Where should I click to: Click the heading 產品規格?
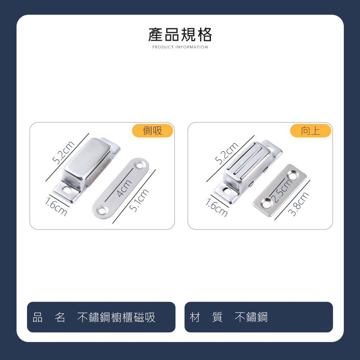(x=180, y=35)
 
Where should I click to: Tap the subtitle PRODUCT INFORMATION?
(x=180, y=47)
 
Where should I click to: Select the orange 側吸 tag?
(x=153, y=131)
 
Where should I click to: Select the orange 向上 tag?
(x=310, y=131)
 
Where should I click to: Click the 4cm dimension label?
(x=124, y=188)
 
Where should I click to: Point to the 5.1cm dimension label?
(x=139, y=200)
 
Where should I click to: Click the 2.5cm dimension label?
(x=282, y=190)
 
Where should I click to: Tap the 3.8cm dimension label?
(x=298, y=204)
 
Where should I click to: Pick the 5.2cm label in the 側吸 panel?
(x=64, y=153)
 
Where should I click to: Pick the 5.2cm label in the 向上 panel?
(x=227, y=153)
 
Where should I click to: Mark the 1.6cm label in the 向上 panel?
(x=217, y=207)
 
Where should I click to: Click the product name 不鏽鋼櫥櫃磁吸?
(x=116, y=317)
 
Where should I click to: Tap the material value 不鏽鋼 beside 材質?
(x=251, y=317)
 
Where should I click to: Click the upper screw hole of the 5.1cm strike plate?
(x=139, y=165)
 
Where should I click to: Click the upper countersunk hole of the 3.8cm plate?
(x=292, y=176)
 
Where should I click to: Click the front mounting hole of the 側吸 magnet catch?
(x=67, y=190)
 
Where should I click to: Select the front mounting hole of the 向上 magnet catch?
(x=227, y=190)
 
